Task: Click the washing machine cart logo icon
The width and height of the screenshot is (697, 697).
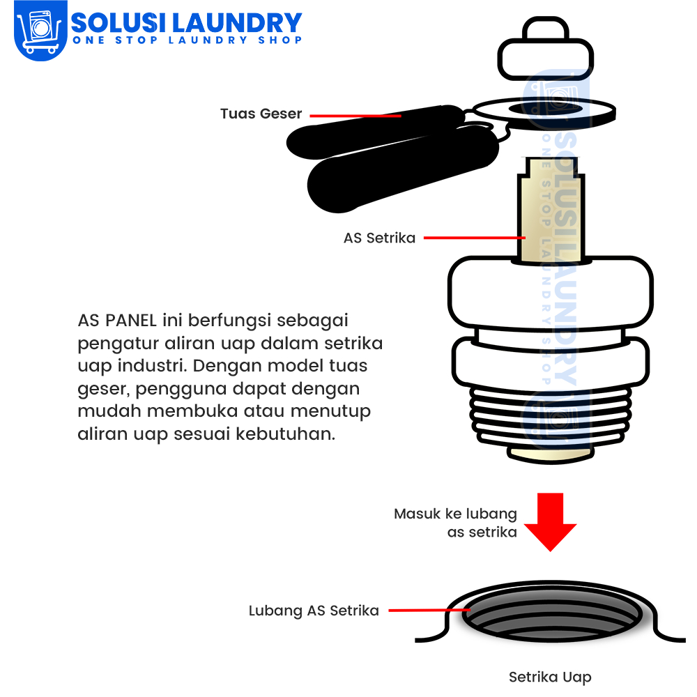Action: coord(40,29)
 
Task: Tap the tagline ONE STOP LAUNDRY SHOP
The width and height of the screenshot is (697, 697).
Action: coord(187,40)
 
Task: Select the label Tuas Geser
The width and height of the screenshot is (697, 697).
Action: coord(261,114)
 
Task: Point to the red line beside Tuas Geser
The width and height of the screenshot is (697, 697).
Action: coord(355,116)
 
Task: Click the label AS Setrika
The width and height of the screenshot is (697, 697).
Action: coord(379,238)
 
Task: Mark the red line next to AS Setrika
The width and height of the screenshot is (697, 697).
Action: coord(474,238)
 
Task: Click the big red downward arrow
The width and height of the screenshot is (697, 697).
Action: coord(551,522)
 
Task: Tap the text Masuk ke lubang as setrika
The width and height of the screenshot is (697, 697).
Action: coord(455,523)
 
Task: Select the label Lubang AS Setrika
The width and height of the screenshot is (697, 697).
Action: coord(314,611)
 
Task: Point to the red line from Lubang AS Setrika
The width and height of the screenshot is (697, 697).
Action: coord(429,610)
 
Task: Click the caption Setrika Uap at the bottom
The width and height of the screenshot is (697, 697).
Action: coord(550,677)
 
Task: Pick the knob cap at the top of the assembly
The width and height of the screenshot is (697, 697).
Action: coord(546,49)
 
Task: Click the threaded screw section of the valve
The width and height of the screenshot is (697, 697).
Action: coord(551,416)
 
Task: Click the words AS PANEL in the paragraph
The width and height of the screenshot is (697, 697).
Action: coord(117,320)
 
